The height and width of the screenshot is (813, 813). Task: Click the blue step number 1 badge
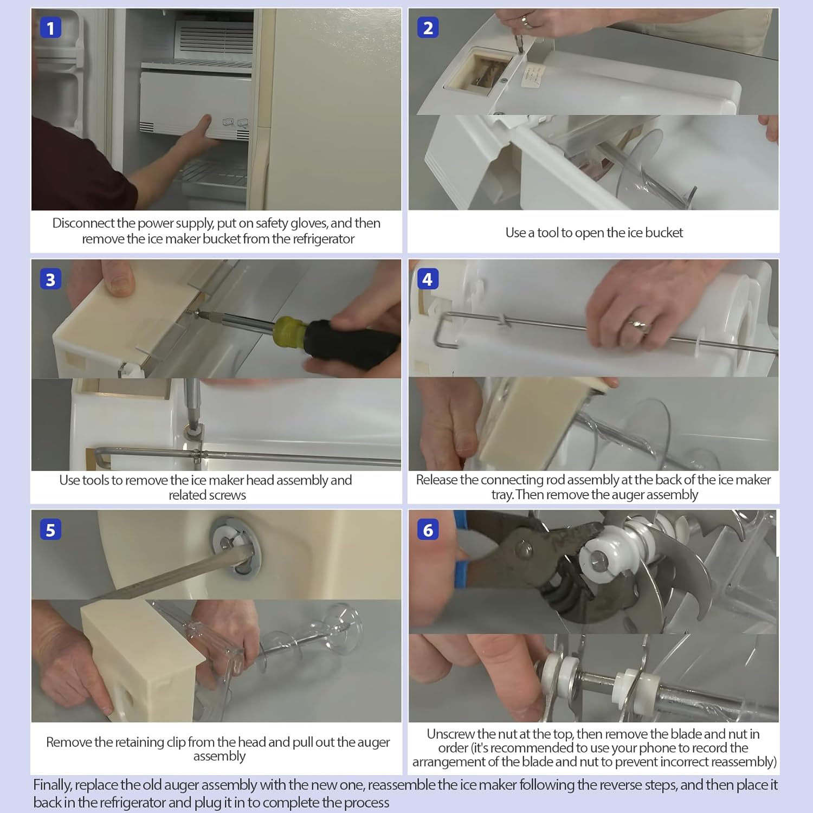[x=50, y=28]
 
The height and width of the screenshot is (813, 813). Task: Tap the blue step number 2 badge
[x=428, y=28]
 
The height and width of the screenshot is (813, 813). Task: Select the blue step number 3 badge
[x=50, y=279]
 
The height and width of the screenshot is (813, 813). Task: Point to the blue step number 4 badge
[x=428, y=279]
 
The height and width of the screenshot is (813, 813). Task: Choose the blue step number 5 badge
[x=50, y=530]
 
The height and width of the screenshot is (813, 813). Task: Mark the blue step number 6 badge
[x=428, y=530]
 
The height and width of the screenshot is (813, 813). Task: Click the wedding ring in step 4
[x=638, y=325]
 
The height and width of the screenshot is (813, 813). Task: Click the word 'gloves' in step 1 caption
[x=308, y=224]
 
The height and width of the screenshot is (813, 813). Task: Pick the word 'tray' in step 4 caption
[x=501, y=495]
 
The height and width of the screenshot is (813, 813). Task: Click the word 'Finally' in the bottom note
[x=53, y=785]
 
